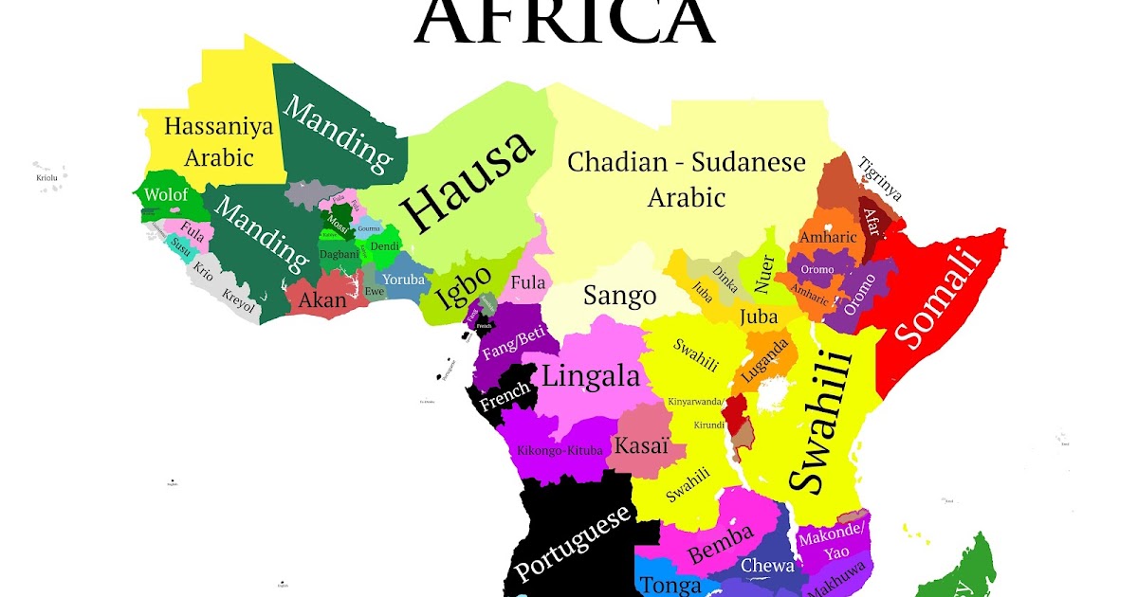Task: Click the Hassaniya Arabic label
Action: click(218, 141)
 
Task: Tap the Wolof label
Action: click(167, 195)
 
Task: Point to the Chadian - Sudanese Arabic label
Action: click(686, 179)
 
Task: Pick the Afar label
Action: click(872, 222)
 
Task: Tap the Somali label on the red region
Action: click(936, 297)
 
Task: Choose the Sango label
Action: click(619, 295)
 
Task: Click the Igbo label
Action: click(464, 290)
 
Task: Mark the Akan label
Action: click(322, 300)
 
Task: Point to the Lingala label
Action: click(590, 376)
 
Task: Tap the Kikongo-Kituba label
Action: click(560, 449)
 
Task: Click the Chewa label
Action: click(767, 566)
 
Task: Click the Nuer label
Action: click(763, 274)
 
